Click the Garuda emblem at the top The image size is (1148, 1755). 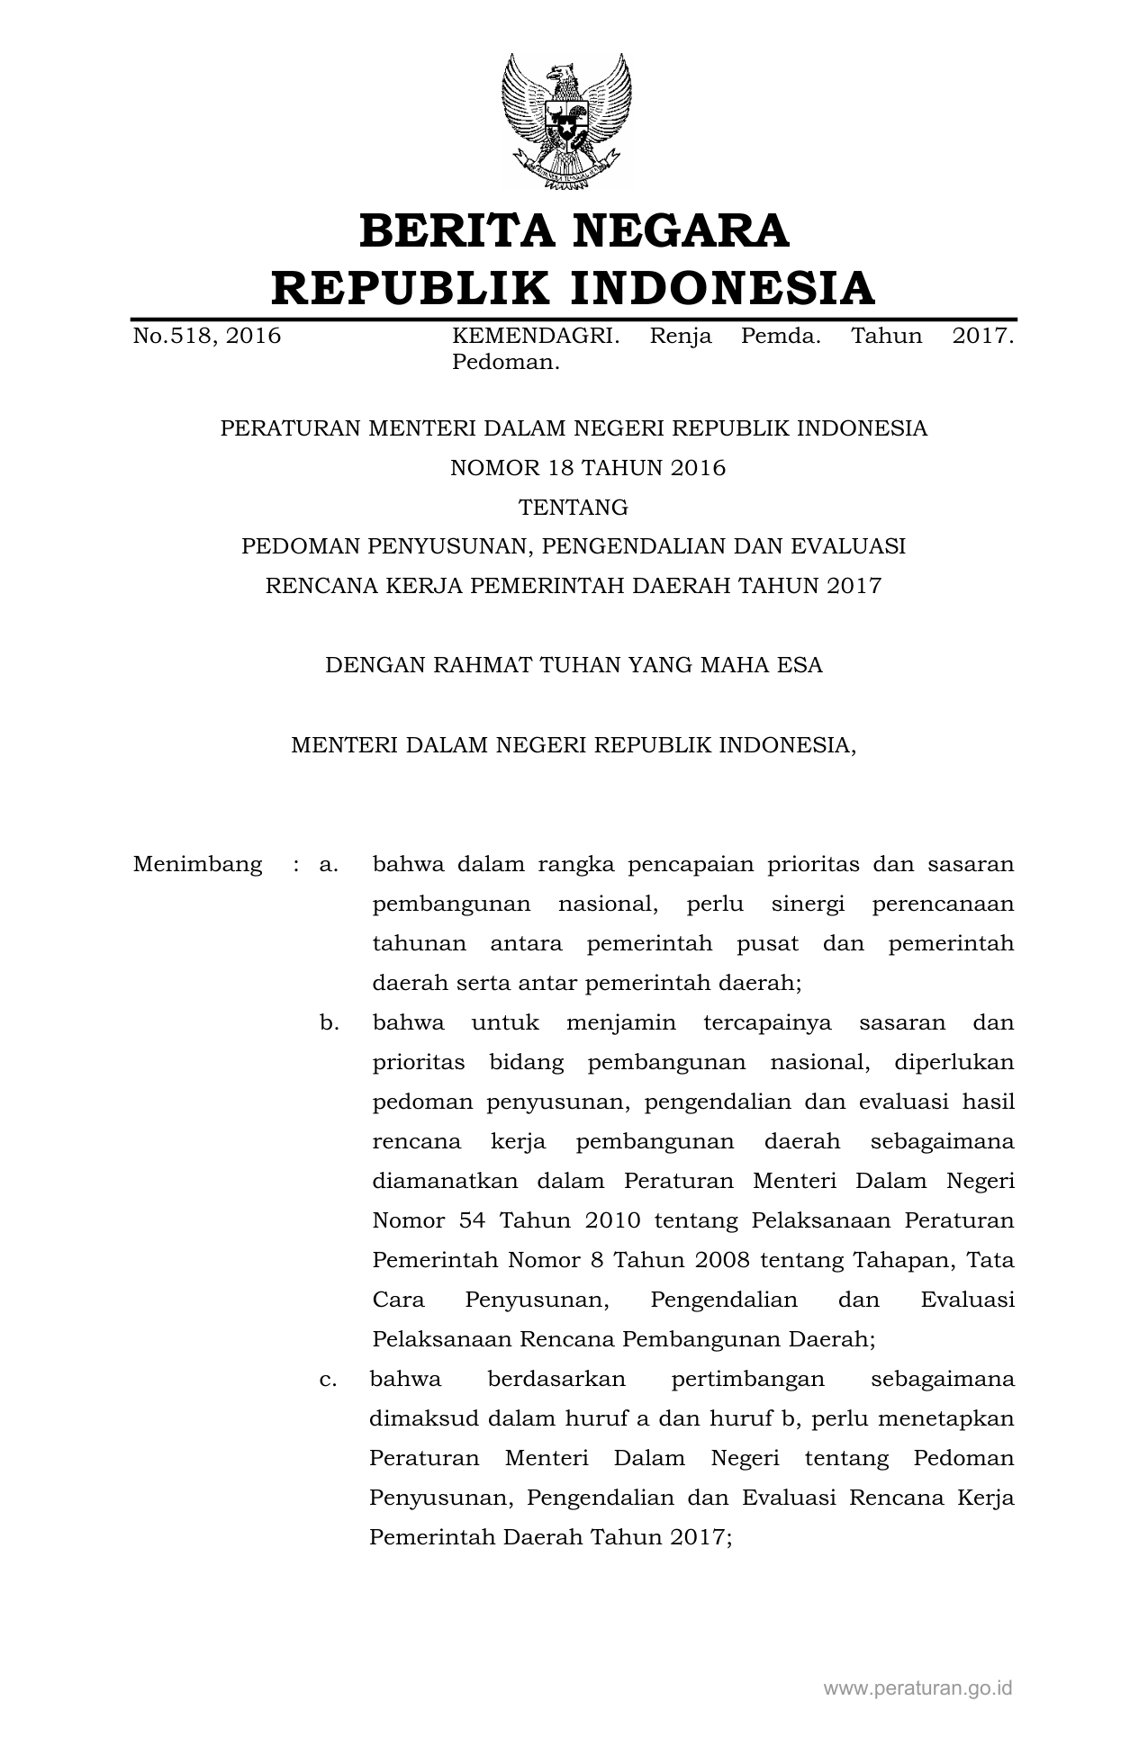click(566, 121)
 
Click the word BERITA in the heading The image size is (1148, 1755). click(456, 231)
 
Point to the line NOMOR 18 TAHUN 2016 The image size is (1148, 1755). click(574, 468)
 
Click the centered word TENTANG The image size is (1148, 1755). click(574, 508)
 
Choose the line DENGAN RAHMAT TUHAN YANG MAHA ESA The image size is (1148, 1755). click(574, 666)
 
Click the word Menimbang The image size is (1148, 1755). click(198, 865)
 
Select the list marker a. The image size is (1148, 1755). click(329, 865)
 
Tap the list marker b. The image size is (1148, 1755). click(329, 1023)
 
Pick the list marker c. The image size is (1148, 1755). click(329, 1380)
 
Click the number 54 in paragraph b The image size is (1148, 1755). click(472, 1221)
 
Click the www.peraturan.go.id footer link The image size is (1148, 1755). click(917, 1687)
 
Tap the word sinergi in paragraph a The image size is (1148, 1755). click(808, 904)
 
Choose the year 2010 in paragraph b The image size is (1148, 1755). click(612, 1221)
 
